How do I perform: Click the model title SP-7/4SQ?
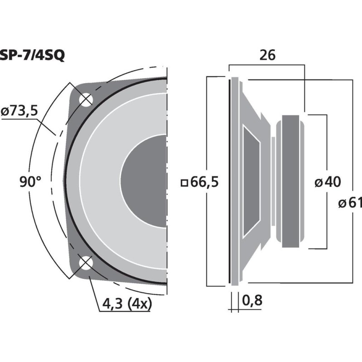tap(32, 55)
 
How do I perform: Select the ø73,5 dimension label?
tap(19, 111)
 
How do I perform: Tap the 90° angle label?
tap(30, 181)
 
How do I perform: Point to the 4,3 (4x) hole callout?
tap(127, 304)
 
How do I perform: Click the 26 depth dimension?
tap(267, 55)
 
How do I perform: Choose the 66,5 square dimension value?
tap(205, 182)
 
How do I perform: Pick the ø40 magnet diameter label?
tap(328, 182)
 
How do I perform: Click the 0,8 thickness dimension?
tap(252, 300)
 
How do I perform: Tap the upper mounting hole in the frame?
tap(86, 100)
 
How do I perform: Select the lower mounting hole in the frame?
tap(86, 263)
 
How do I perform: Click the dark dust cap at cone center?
tap(143, 181)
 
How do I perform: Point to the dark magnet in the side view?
tap(291, 181)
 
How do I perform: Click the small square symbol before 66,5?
tap(184, 183)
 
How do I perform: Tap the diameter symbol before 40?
tap(319, 183)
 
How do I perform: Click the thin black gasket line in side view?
tap(229, 181)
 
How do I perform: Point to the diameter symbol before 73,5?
tap(5, 112)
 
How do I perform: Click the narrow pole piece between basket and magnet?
tap(273, 181)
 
